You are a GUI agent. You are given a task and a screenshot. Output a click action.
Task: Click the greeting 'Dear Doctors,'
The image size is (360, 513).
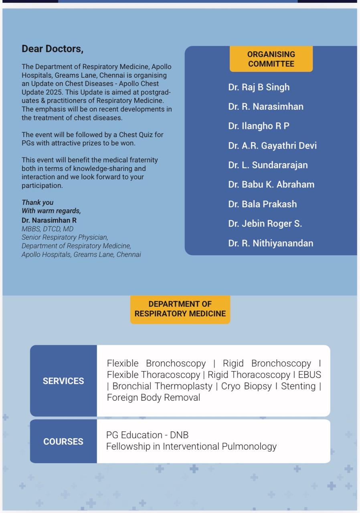tap(53, 49)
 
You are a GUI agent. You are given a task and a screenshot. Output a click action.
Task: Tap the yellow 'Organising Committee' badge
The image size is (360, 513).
tap(271, 59)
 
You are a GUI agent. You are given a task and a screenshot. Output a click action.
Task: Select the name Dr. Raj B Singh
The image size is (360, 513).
tap(259, 87)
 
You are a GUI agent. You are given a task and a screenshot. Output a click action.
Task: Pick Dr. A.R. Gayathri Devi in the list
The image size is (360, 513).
tap(272, 146)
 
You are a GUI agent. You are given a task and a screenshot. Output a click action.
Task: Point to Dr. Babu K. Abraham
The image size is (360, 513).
tap(271, 185)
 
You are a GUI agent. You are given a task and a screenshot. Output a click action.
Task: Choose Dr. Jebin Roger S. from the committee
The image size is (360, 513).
tap(265, 224)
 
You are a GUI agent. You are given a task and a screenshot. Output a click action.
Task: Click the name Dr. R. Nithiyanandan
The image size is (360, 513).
tap(271, 243)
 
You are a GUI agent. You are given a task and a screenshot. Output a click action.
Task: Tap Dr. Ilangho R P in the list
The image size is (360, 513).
tap(259, 126)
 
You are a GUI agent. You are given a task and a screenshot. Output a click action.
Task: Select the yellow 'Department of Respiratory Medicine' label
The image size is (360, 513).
tap(180, 309)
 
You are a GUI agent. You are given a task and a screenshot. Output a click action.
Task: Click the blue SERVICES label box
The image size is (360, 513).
tap(63, 381)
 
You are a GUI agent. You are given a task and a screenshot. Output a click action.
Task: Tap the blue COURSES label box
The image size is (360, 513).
tap(63, 441)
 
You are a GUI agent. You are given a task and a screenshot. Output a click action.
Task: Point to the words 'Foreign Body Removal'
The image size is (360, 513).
tap(153, 398)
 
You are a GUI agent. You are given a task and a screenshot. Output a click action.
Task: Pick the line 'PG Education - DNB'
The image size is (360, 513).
tap(147, 435)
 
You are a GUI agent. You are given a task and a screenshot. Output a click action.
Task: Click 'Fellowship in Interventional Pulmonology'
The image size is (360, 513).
tap(191, 446)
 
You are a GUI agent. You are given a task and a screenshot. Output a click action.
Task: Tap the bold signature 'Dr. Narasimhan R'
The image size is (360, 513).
tap(49, 220)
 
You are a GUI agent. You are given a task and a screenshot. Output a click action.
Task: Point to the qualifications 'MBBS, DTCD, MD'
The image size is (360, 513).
tap(47, 229)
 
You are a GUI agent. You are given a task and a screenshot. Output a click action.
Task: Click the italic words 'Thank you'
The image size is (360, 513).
tap(37, 202)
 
